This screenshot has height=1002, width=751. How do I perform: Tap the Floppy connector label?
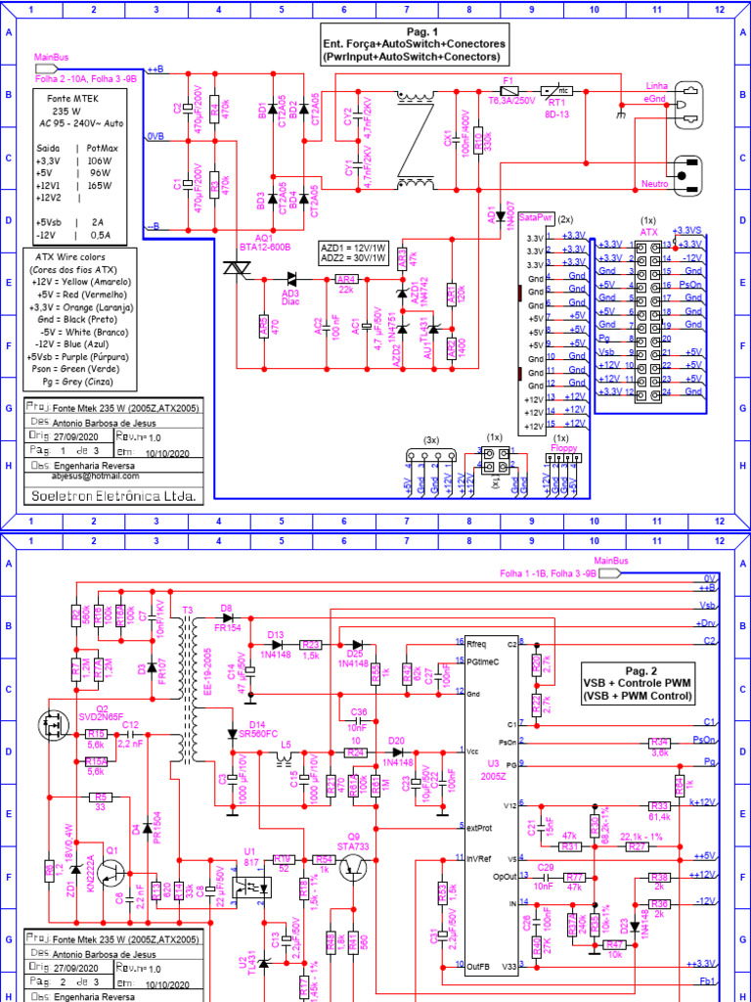pos(562,446)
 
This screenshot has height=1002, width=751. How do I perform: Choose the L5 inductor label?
pos(286,746)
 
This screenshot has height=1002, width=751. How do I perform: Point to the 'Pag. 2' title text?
pos(637,668)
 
